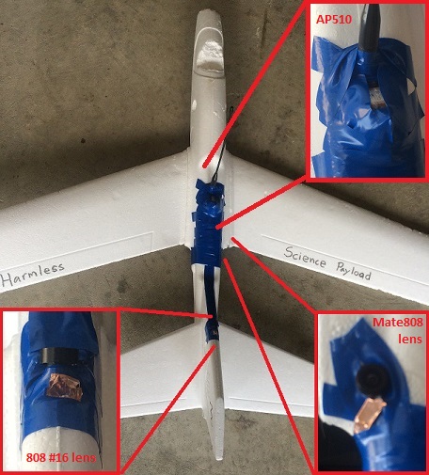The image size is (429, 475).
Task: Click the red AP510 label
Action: pos(334,20)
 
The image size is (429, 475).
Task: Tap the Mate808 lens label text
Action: pos(398,330)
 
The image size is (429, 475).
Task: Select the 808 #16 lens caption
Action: pos(60,457)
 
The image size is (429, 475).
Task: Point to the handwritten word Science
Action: pos(305,258)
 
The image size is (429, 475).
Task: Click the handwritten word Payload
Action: pos(354,272)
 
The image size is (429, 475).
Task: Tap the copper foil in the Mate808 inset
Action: pos(369,413)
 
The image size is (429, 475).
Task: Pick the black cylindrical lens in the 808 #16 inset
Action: pos(59,356)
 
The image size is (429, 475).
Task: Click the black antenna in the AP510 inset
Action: pos(369,27)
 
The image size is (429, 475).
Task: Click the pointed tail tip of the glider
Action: pos(221,459)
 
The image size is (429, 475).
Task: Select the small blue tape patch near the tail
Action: pos(212,331)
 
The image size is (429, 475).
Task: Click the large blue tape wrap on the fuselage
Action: pos(208,225)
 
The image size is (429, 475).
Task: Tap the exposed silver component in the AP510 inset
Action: pos(375,96)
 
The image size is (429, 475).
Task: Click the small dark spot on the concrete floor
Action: pos(83,141)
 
